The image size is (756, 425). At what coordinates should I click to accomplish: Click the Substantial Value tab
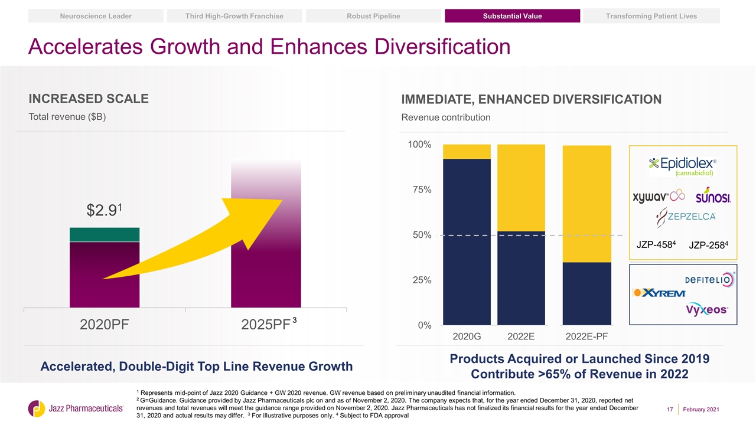tap(512, 16)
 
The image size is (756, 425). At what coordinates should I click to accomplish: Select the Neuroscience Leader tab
tap(96, 16)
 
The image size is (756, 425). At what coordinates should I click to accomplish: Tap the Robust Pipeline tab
tap(373, 16)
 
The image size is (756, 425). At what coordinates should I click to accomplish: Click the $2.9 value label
tap(104, 210)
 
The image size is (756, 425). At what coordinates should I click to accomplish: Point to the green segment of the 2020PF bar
tap(104, 234)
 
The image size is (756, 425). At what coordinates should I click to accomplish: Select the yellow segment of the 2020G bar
tap(467, 152)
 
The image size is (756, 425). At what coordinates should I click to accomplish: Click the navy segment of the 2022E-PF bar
tap(586, 293)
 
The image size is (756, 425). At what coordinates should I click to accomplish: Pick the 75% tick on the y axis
tap(421, 189)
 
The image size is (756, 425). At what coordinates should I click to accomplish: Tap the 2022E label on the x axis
tap(521, 336)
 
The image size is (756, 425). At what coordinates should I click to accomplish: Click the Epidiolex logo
tap(683, 166)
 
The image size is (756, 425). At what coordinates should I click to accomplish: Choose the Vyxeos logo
tap(707, 310)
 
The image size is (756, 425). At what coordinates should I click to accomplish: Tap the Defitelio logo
tap(709, 279)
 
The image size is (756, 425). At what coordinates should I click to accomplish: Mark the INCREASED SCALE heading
tap(89, 99)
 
